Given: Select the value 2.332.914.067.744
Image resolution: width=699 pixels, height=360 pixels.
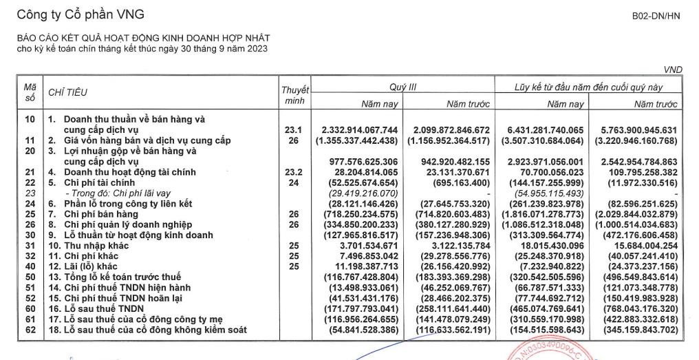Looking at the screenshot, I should (x=359, y=129).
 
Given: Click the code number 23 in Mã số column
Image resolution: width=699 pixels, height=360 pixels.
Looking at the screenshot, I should (x=29, y=193).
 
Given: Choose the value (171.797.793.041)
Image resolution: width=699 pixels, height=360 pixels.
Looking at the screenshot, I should (x=359, y=309).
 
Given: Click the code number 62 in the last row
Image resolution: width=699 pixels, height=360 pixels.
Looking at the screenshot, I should (x=29, y=330).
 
